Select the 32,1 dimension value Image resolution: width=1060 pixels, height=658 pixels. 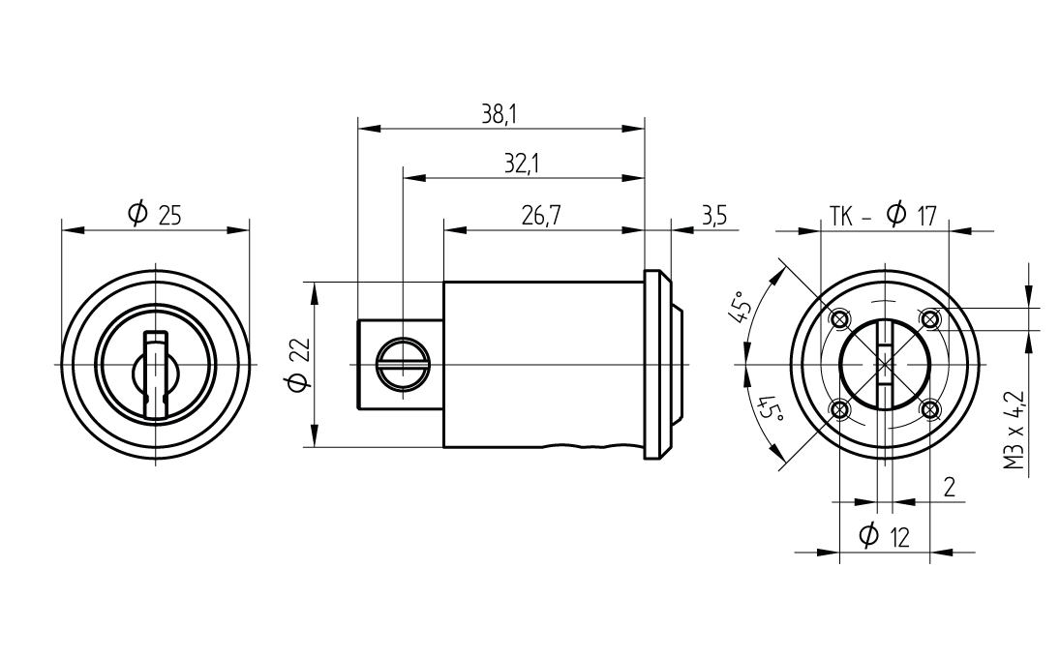[x=521, y=164]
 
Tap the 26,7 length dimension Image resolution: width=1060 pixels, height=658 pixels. [x=541, y=217]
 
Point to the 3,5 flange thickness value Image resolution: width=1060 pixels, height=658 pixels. [x=713, y=217]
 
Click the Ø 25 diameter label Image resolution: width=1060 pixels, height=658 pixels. [x=155, y=215]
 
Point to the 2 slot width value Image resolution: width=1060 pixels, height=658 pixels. [x=950, y=486]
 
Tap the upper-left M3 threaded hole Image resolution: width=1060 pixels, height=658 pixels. [x=840, y=318]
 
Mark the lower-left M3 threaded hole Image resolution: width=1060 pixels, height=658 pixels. [x=840, y=410]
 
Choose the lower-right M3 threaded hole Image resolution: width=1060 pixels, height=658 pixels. [x=931, y=410]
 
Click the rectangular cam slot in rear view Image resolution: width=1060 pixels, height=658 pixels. [x=885, y=364]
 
